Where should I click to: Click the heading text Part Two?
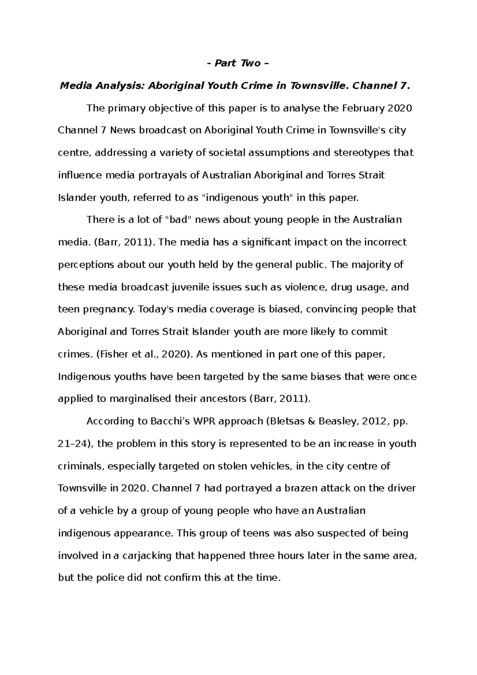238,63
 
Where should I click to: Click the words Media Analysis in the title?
102,85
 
